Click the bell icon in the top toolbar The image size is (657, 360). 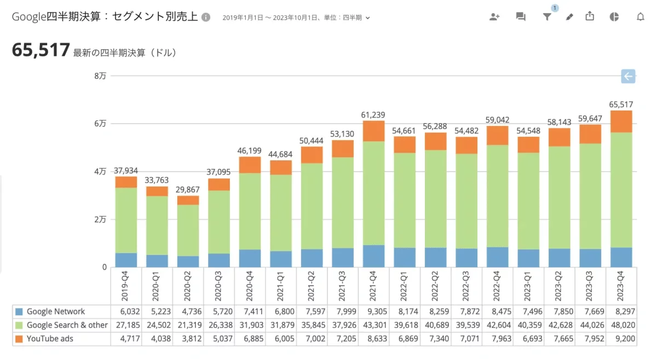tap(640, 17)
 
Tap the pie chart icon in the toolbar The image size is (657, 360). tap(614, 17)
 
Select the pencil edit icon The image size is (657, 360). tap(569, 17)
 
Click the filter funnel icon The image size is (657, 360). tap(546, 17)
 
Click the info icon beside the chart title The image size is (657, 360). tap(206, 17)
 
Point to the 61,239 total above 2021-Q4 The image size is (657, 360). tap(373, 114)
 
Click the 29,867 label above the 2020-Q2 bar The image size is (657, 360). tap(188, 189)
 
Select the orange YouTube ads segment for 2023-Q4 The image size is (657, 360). tap(621, 121)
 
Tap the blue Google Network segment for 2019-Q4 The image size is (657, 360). tap(126, 260)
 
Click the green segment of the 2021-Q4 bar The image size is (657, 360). tap(373, 193)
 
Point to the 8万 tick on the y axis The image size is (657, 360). tap(100, 76)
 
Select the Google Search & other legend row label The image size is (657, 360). tap(67, 325)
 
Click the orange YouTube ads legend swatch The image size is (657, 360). tap(20, 339)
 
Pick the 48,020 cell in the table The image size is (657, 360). tap(621, 325)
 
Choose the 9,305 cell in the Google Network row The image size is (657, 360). tap(373, 311)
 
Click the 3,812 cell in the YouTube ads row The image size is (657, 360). tap(188, 339)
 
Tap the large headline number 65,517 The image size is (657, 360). tap(41, 51)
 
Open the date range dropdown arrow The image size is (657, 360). tap(368, 18)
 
